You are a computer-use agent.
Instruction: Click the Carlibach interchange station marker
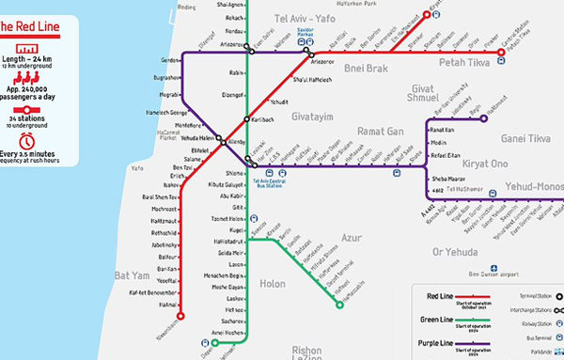click(x=246, y=119)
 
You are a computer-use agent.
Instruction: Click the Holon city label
click(x=273, y=282)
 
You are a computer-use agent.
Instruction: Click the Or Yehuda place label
click(x=455, y=251)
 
